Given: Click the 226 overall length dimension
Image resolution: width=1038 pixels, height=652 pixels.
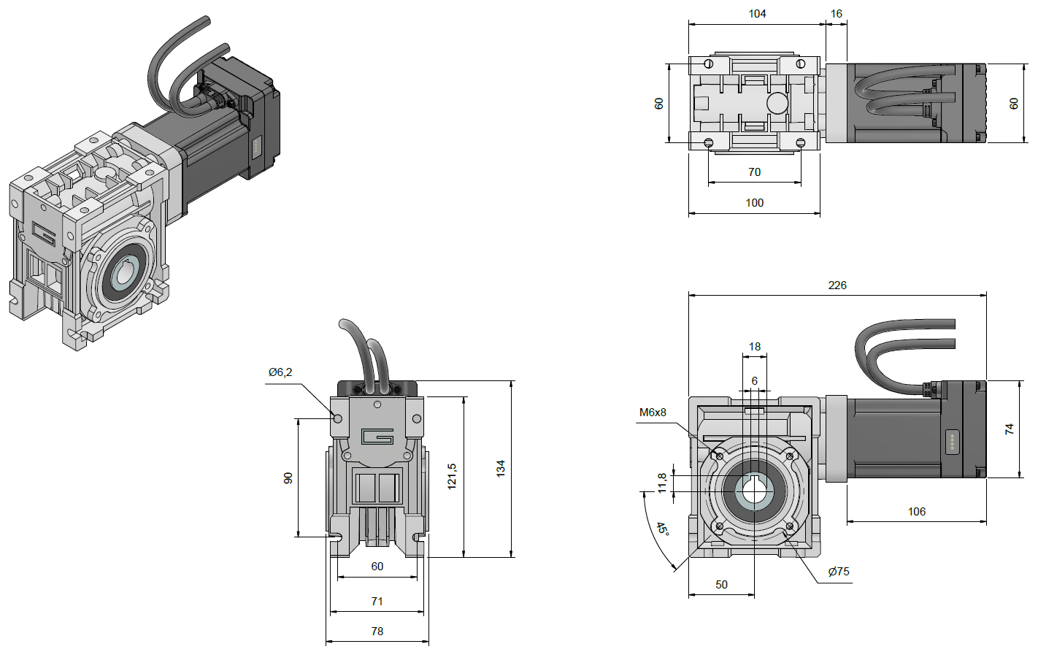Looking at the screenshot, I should click(x=837, y=285).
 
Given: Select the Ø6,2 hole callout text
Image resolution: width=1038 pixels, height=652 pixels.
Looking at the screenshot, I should click(x=280, y=372).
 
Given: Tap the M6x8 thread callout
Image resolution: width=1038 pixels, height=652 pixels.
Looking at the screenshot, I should click(x=653, y=413).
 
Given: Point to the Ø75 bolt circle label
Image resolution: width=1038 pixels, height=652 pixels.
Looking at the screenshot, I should click(x=839, y=572).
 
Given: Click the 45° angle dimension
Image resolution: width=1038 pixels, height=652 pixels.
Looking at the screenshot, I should click(x=662, y=528).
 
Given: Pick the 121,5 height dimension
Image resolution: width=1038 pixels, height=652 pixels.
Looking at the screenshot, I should click(x=453, y=476).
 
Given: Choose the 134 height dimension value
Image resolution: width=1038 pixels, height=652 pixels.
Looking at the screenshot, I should click(x=501, y=469).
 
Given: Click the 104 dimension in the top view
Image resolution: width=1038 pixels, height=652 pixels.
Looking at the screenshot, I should click(x=757, y=14).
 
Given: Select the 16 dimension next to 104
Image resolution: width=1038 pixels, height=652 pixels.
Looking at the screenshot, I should click(x=837, y=14).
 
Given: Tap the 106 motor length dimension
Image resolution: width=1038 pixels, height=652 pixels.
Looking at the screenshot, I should click(x=917, y=512).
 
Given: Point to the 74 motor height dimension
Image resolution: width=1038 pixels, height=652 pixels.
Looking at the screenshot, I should click(x=1010, y=429).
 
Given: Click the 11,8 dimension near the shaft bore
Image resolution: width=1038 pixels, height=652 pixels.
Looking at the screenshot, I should click(x=662, y=482).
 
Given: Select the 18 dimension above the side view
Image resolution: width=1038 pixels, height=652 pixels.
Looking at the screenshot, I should click(x=755, y=347).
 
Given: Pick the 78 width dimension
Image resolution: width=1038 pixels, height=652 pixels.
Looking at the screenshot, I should click(x=377, y=632).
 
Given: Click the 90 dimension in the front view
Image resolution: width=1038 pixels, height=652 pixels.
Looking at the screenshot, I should click(x=288, y=478).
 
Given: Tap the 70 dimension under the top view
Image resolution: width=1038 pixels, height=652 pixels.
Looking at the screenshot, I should click(x=755, y=172).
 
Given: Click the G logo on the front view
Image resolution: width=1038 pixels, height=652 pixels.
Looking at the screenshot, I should click(x=377, y=437).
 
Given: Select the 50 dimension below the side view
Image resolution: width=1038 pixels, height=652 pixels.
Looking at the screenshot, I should click(x=722, y=585).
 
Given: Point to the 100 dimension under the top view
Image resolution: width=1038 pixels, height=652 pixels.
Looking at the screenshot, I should click(x=755, y=203).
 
